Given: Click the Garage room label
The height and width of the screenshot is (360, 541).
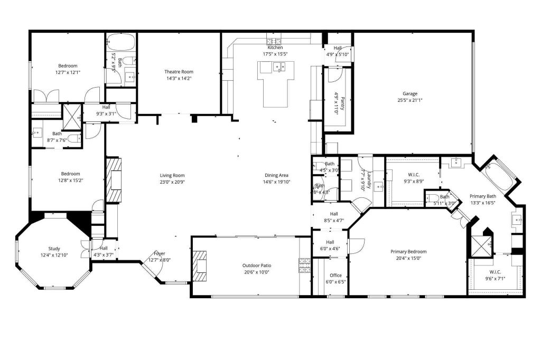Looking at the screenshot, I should pos(410,93).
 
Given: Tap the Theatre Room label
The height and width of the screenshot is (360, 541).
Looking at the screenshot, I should pos(180,72).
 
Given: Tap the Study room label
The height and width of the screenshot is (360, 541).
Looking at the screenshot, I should pos(54,249).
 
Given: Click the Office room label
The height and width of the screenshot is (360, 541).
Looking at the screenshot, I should pos(335,276).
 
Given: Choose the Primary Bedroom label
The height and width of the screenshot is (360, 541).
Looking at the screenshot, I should pos(408,252).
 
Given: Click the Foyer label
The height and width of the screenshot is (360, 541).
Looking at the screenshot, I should pos(160,253).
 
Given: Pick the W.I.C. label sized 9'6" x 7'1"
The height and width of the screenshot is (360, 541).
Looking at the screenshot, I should pos(496,272).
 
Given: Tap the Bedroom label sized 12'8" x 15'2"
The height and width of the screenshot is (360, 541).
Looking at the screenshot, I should pos(70,174).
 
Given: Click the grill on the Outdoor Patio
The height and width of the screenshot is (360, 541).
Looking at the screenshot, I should pos(305,265).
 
